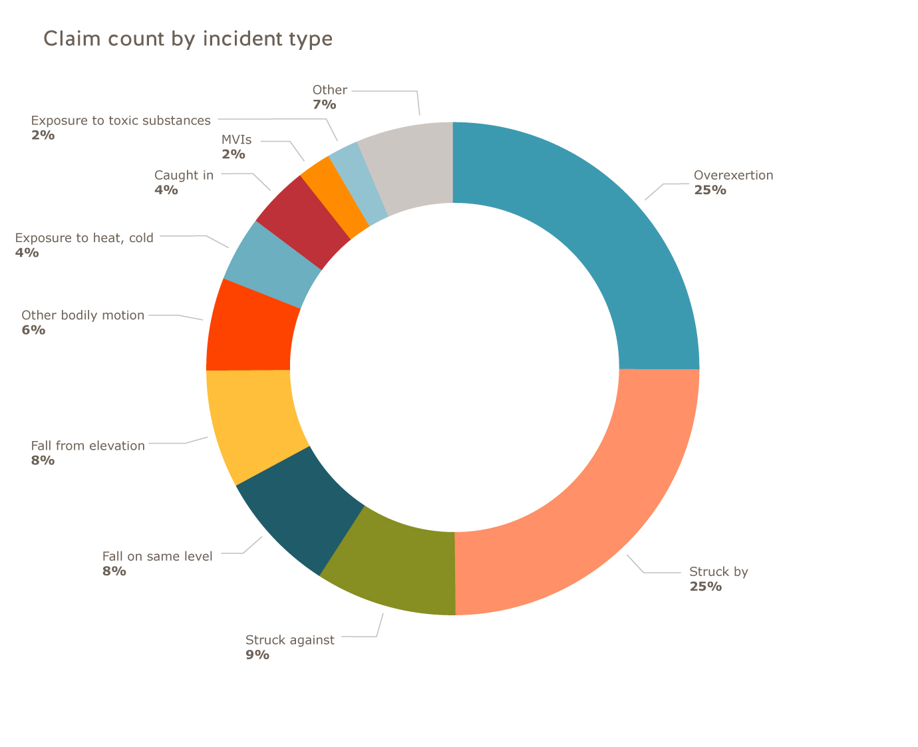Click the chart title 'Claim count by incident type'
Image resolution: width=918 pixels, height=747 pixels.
click(188, 39)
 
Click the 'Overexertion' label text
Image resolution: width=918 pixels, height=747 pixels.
click(733, 176)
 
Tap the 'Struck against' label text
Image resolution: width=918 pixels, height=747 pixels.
click(290, 641)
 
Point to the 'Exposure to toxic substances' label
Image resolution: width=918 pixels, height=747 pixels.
click(120, 121)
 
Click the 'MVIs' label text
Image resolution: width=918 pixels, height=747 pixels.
click(236, 140)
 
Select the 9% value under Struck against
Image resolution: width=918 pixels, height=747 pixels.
click(257, 655)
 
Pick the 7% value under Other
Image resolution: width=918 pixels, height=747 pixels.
click(324, 105)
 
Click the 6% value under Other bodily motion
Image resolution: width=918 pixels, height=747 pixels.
click(33, 330)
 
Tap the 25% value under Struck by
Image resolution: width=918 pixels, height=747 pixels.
click(705, 587)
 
